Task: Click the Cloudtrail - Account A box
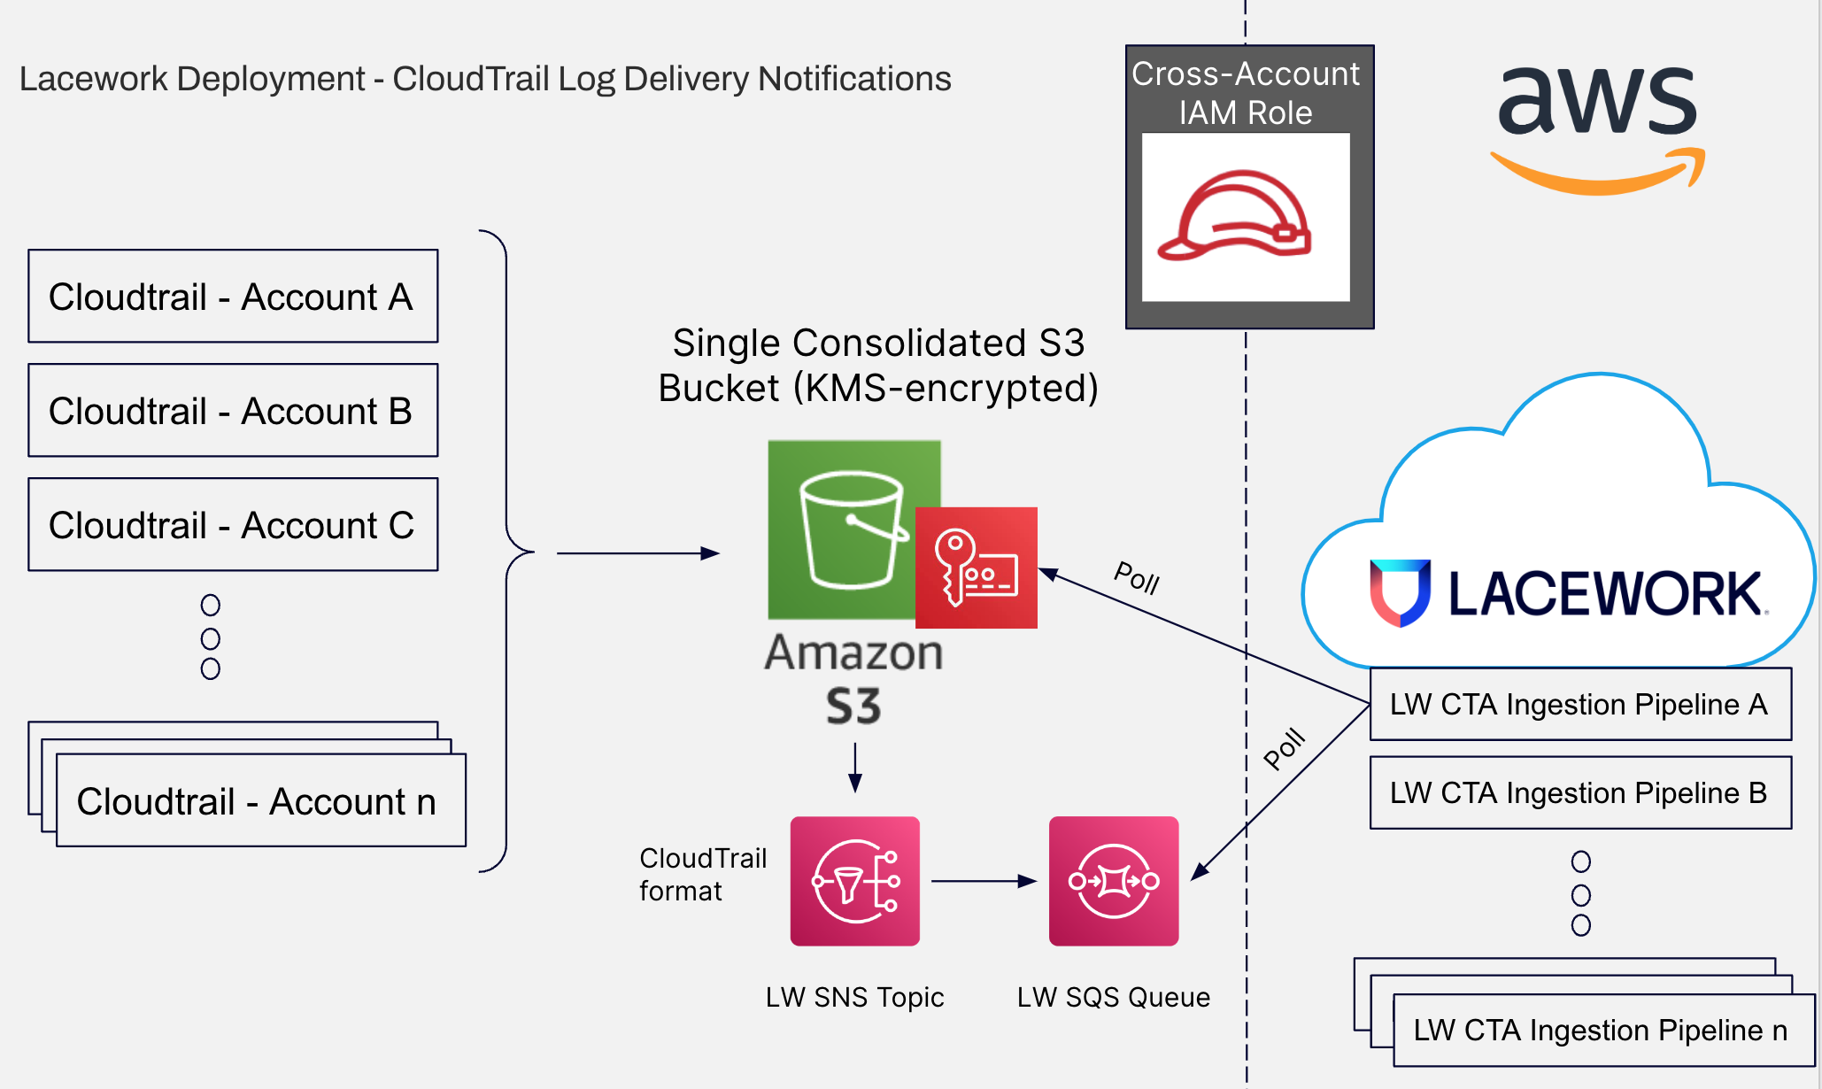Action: point(233,297)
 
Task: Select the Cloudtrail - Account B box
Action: point(233,411)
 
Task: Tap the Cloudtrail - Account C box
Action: point(233,525)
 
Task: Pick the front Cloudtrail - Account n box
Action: point(260,801)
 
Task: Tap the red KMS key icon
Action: point(977,568)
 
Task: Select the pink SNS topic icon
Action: point(855,881)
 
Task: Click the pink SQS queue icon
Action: point(1114,881)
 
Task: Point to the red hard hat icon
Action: point(1236,217)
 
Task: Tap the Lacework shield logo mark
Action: point(1400,592)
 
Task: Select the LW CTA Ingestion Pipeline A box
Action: point(1580,705)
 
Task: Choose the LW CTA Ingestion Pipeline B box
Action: point(1580,793)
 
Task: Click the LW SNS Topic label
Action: point(855,998)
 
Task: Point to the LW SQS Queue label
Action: point(1114,998)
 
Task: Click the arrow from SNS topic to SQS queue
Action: point(983,881)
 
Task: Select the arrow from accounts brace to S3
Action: point(637,553)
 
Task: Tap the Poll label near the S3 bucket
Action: point(1137,578)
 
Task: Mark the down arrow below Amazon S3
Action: point(855,768)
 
